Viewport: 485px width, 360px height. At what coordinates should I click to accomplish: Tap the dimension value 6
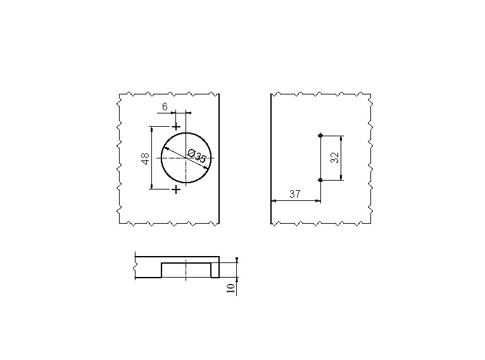165,106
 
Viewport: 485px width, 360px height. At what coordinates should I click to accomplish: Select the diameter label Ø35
197,156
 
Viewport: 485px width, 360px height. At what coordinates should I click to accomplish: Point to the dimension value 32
335,157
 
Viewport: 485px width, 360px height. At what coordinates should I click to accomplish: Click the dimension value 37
295,194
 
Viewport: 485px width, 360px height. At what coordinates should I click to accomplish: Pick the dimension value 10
230,288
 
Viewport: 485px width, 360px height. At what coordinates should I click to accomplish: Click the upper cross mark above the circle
176,127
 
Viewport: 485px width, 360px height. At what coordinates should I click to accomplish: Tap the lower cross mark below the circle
176,189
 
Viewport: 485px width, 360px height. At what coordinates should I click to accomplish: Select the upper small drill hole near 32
320,135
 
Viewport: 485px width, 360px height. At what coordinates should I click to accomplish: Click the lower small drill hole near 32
320,180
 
